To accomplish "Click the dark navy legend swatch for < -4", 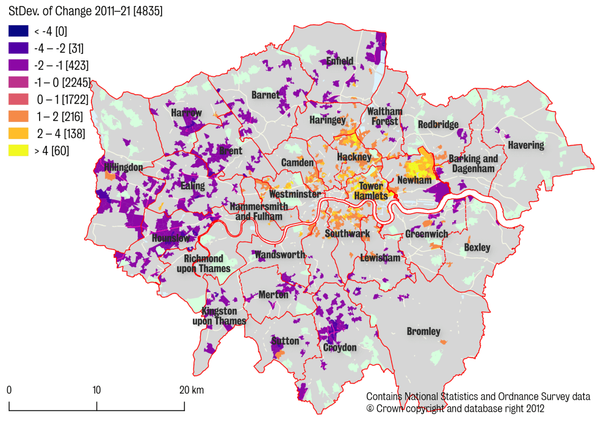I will click(x=18, y=31).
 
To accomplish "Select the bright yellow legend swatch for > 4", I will click(x=18, y=150).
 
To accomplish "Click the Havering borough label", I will click(x=525, y=145).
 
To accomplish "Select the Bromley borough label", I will click(x=423, y=331).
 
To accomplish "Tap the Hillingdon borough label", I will click(x=123, y=167).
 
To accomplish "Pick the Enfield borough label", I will click(x=340, y=61).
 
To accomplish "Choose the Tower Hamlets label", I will click(x=371, y=191).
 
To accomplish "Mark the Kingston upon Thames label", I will click(x=219, y=316).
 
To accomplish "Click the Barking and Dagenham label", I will click(x=473, y=164).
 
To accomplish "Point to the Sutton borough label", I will click(x=285, y=341).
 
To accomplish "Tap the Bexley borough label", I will click(x=477, y=248).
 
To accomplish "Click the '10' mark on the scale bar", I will click(x=96, y=390).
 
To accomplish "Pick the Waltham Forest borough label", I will click(x=384, y=116).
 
